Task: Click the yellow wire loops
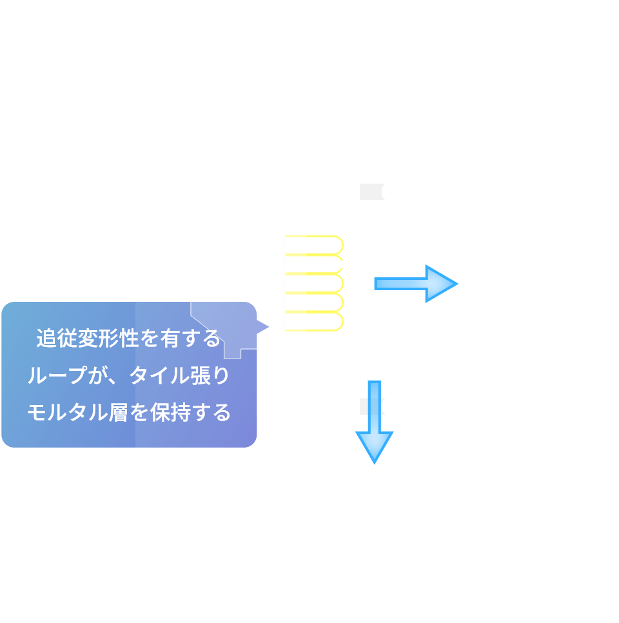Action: (315, 283)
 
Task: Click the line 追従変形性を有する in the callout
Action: (128, 339)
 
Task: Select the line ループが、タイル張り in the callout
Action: (128, 375)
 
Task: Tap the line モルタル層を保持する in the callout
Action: (128, 412)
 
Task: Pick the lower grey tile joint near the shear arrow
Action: (365, 406)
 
